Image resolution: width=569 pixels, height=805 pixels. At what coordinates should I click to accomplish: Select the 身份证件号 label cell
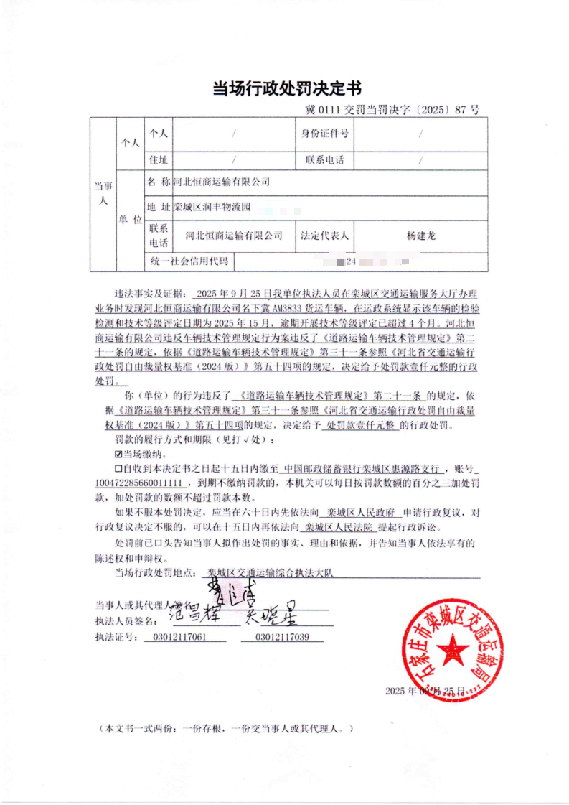[x=324, y=134]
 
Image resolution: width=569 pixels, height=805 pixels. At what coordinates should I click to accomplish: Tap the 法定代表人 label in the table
[x=324, y=236]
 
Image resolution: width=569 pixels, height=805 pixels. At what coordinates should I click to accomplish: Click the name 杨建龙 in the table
[x=420, y=236]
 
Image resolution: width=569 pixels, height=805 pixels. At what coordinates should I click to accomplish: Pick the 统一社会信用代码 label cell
[x=189, y=261]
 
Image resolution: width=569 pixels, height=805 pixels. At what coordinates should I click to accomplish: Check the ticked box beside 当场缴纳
[x=118, y=455]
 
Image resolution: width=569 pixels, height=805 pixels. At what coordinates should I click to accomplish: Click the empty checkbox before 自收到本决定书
[x=118, y=468]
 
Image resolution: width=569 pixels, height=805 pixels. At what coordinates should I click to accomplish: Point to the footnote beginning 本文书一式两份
[x=227, y=728]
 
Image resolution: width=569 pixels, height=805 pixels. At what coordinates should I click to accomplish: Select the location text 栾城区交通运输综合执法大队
[x=269, y=573]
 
